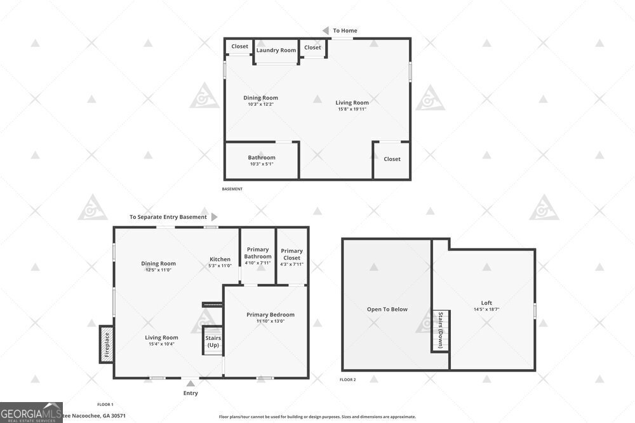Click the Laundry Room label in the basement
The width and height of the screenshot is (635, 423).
[276, 50]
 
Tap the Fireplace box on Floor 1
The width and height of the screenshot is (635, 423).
[107, 344]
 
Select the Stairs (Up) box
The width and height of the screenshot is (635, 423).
[213, 342]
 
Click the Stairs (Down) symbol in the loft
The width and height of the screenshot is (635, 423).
[441, 330]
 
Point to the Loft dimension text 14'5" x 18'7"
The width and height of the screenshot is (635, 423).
[486, 309]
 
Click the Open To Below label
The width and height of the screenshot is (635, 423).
[387, 309]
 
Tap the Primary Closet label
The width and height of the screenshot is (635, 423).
[292, 254]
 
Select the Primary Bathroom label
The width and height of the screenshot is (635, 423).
[257, 253]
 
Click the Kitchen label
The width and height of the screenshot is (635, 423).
[220, 259]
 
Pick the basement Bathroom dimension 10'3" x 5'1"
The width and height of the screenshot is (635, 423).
[262, 164]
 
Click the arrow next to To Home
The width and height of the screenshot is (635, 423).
[325, 30]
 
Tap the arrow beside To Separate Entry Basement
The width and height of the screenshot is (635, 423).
[214, 217]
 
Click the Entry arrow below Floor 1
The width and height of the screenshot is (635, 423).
[190, 383]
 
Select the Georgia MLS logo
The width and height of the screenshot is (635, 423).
[31, 412]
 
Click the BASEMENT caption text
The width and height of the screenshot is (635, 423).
[232, 189]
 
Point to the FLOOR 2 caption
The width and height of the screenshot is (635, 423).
[348, 379]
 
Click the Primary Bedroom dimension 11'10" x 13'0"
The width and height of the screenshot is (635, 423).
[271, 321]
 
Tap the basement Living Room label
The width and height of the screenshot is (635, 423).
[352, 102]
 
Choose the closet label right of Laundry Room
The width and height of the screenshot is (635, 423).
[312, 48]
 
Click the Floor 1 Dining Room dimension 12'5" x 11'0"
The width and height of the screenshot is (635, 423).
[158, 270]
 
